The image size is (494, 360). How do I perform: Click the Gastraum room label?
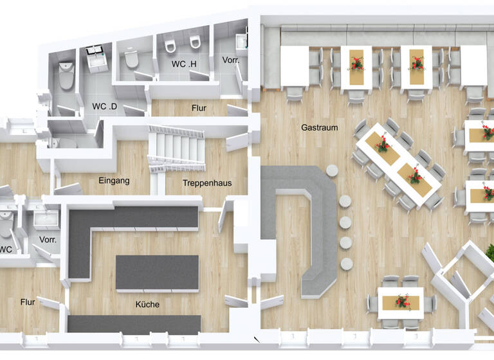[319, 127]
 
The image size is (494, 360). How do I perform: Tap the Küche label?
[147, 304]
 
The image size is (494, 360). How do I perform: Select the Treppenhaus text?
[206, 183]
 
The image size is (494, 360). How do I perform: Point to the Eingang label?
[114, 181]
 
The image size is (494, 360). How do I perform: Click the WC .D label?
[104, 106]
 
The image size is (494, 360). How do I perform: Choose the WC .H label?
[183, 65]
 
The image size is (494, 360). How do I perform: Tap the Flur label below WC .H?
[199, 108]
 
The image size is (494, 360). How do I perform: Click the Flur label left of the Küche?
[27, 301]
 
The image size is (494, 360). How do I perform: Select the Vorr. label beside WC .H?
[231, 60]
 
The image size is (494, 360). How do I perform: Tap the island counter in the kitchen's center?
[157, 272]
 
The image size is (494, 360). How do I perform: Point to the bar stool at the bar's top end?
[333, 170]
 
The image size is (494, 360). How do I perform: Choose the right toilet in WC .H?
[194, 43]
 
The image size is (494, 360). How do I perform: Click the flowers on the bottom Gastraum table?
[403, 301]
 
